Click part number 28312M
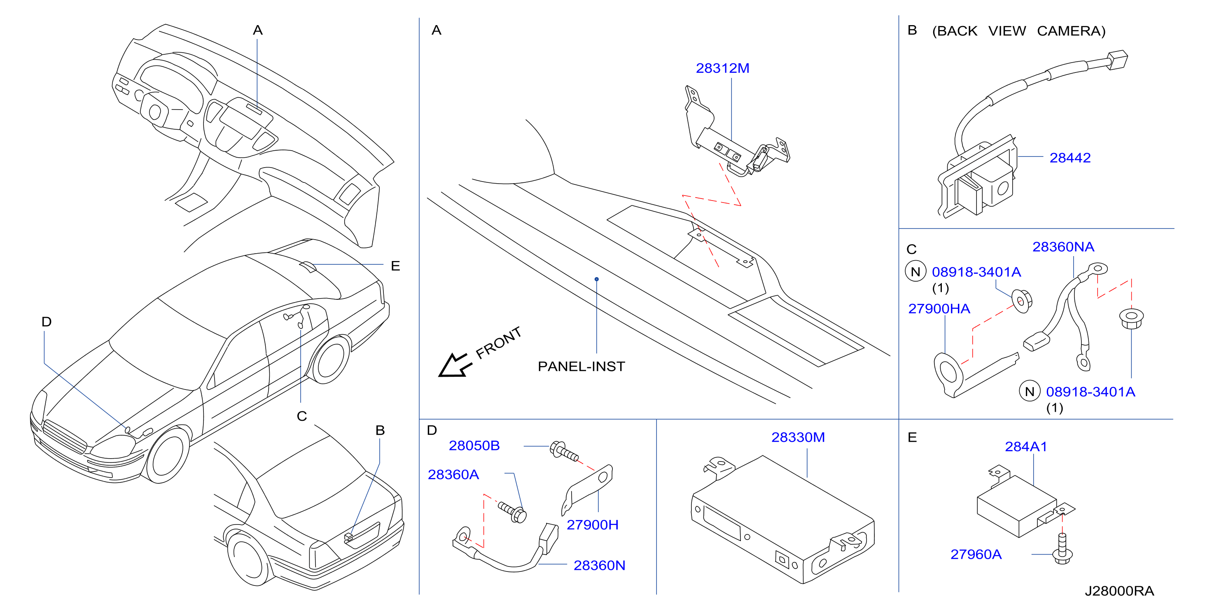[x=722, y=69]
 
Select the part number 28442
[x=1070, y=158]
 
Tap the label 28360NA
[x=1063, y=247]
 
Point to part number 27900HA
[x=939, y=309]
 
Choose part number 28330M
[x=798, y=437]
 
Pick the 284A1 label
[x=1026, y=447]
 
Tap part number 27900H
[x=592, y=525]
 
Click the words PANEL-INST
[x=581, y=366]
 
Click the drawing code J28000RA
[x=1119, y=591]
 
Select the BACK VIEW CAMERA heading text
[x=1018, y=31]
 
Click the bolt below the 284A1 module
[x=1062, y=549]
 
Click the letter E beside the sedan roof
[x=395, y=266]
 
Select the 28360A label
[x=453, y=475]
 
